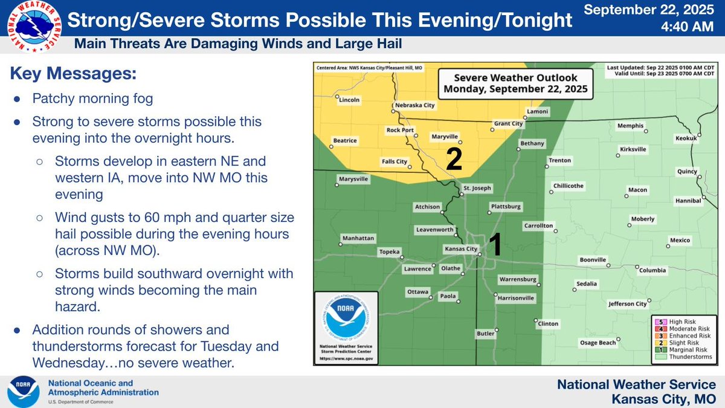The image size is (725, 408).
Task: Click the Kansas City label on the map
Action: [460, 248]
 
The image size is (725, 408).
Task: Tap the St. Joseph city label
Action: [477, 187]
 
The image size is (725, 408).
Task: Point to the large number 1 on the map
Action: [495, 245]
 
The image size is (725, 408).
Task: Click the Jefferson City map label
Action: [628, 303]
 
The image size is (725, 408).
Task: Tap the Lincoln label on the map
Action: [349, 100]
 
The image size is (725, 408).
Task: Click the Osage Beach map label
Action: [598, 343]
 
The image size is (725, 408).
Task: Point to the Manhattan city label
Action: [358, 238]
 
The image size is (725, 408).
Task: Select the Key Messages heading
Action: [72, 74]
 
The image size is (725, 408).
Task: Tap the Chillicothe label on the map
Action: [568, 186]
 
